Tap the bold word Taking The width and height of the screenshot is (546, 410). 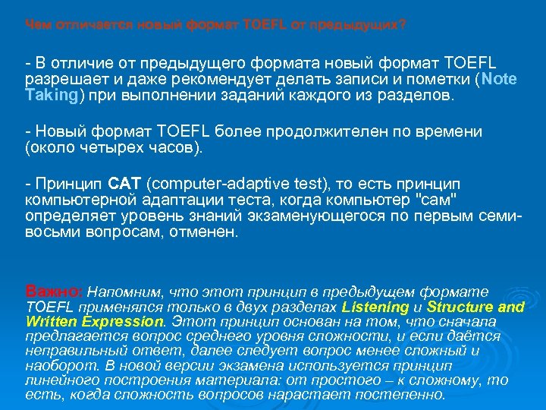coord(52,96)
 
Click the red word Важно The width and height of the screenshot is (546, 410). coord(55,291)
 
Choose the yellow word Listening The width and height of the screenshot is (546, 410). coord(375,307)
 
